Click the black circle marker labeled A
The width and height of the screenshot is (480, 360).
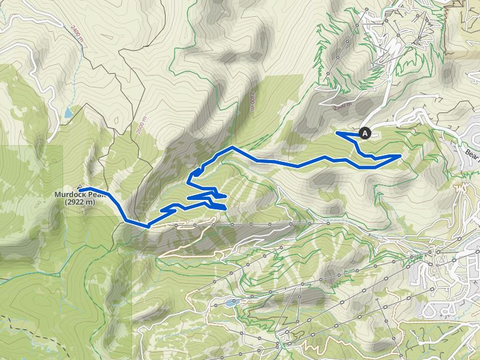pyautogui.click(x=365, y=132)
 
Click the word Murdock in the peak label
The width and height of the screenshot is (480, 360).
pyautogui.click(x=70, y=194)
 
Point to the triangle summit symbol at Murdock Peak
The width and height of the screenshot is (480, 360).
pyautogui.click(x=81, y=187)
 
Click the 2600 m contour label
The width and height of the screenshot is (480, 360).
pyautogui.click(x=140, y=127)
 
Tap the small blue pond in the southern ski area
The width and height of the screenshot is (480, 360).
pyautogui.click(x=233, y=302)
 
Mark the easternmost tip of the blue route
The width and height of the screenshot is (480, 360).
pyautogui.click(x=400, y=155)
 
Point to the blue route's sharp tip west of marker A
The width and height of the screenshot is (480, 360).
pyautogui.click(x=337, y=132)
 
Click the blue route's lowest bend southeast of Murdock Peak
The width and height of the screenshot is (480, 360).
pyautogui.click(x=147, y=226)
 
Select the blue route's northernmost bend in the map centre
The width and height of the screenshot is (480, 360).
pyautogui.click(x=232, y=147)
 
